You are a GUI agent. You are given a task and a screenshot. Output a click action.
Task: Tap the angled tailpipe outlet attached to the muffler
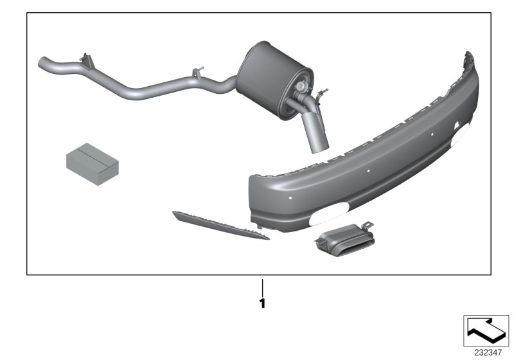(x=316, y=132)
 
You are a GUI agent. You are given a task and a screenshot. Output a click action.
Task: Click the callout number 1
(x=262, y=302)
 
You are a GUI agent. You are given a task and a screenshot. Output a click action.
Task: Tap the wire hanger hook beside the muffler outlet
(x=322, y=94)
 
